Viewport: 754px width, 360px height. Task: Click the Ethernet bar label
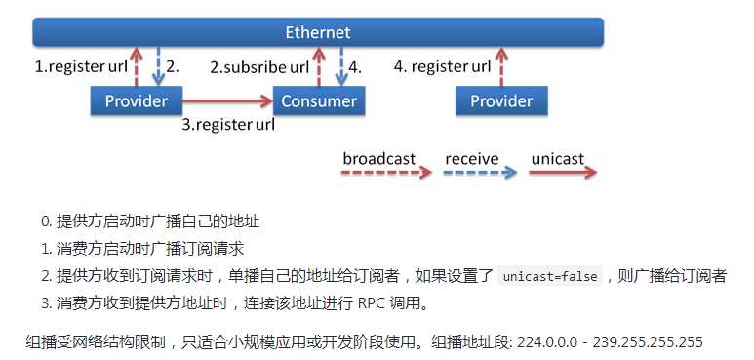pyautogui.click(x=318, y=32)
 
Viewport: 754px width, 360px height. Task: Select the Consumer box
pyautogui.click(x=319, y=100)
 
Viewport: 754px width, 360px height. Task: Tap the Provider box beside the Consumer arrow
pyautogui.click(x=137, y=100)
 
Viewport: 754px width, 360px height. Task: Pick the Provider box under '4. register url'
pyautogui.click(x=501, y=100)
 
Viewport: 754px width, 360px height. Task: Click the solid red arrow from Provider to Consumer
pyautogui.click(x=228, y=100)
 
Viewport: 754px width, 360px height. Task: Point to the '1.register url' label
pyautogui.click(x=81, y=66)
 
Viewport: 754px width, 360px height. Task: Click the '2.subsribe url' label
pyautogui.click(x=259, y=67)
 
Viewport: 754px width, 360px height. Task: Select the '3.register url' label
pyautogui.click(x=228, y=125)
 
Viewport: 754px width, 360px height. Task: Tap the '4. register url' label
pyautogui.click(x=443, y=66)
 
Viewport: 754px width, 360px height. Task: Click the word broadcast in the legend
pyautogui.click(x=378, y=159)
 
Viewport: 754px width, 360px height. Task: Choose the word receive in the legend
pyautogui.click(x=472, y=159)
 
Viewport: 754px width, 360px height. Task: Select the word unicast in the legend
pyautogui.click(x=558, y=159)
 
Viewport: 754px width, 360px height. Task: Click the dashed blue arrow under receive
pyautogui.click(x=480, y=173)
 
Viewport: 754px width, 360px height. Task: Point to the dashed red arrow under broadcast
pyautogui.click(x=386, y=173)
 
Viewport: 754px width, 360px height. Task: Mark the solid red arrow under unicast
pyautogui.click(x=563, y=173)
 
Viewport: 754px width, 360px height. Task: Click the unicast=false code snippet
pyautogui.click(x=549, y=276)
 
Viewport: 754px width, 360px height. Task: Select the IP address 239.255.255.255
pyautogui.click(x=648, y=342)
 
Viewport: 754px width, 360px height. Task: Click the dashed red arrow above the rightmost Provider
pyautogui.click(x=501, y=66)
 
